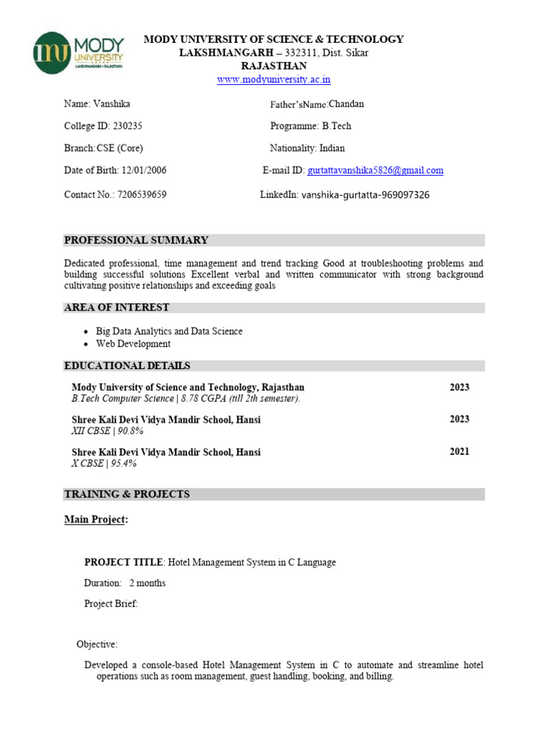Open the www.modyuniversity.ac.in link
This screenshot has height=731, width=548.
coord(273,79)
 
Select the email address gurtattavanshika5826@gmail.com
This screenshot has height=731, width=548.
coord(375,171)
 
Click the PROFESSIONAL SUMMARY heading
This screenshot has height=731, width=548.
coord(136,240)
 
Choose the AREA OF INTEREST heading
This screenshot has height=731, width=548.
coord(117,308)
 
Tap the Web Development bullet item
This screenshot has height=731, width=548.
coord(133,343)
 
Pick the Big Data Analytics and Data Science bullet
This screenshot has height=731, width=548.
coord(169,331)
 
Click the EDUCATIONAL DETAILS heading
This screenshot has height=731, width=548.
coord(127,365)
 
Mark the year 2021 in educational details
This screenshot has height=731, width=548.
coord(460,452)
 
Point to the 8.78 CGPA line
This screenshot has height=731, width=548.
coord(186,398)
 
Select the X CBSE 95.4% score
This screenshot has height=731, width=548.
coord(104,463)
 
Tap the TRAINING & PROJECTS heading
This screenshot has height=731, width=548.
coord(127,494)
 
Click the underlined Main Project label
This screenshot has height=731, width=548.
coord(96,520)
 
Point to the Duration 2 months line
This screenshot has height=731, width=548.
coord(125,583)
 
